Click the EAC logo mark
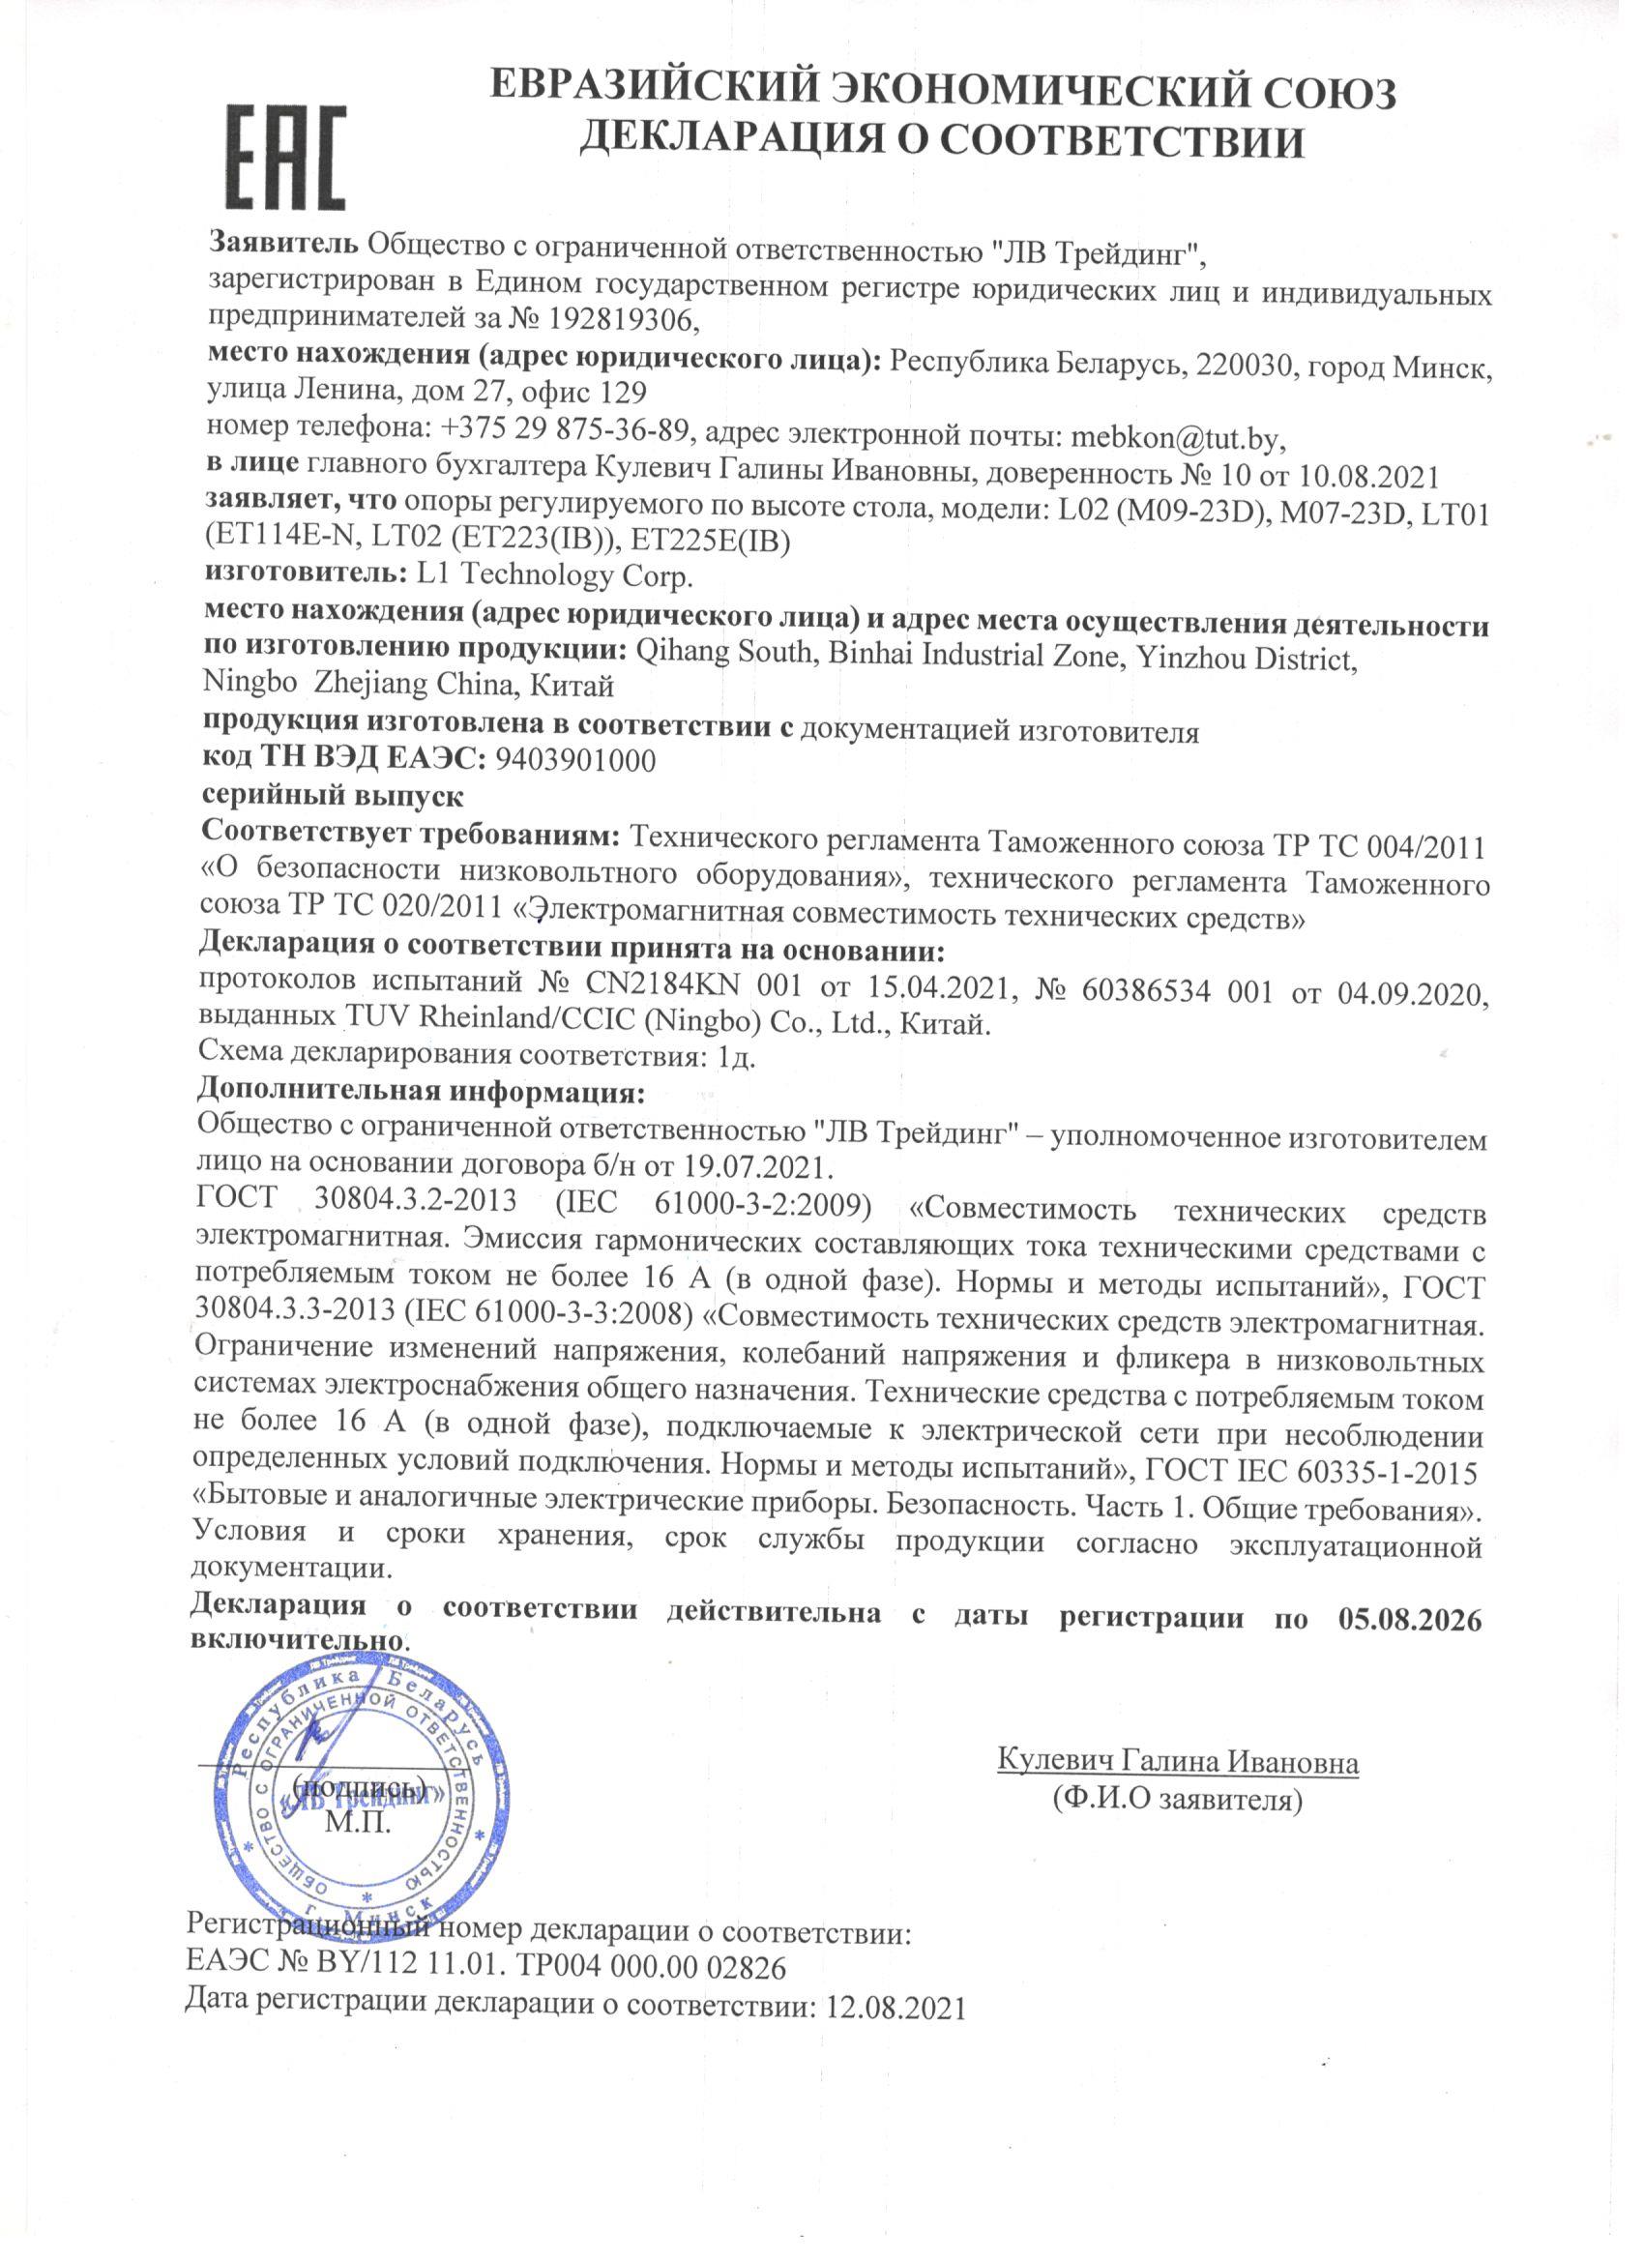point(287,159)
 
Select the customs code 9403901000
point(575,763)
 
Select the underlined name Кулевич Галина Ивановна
point(1178,1762)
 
